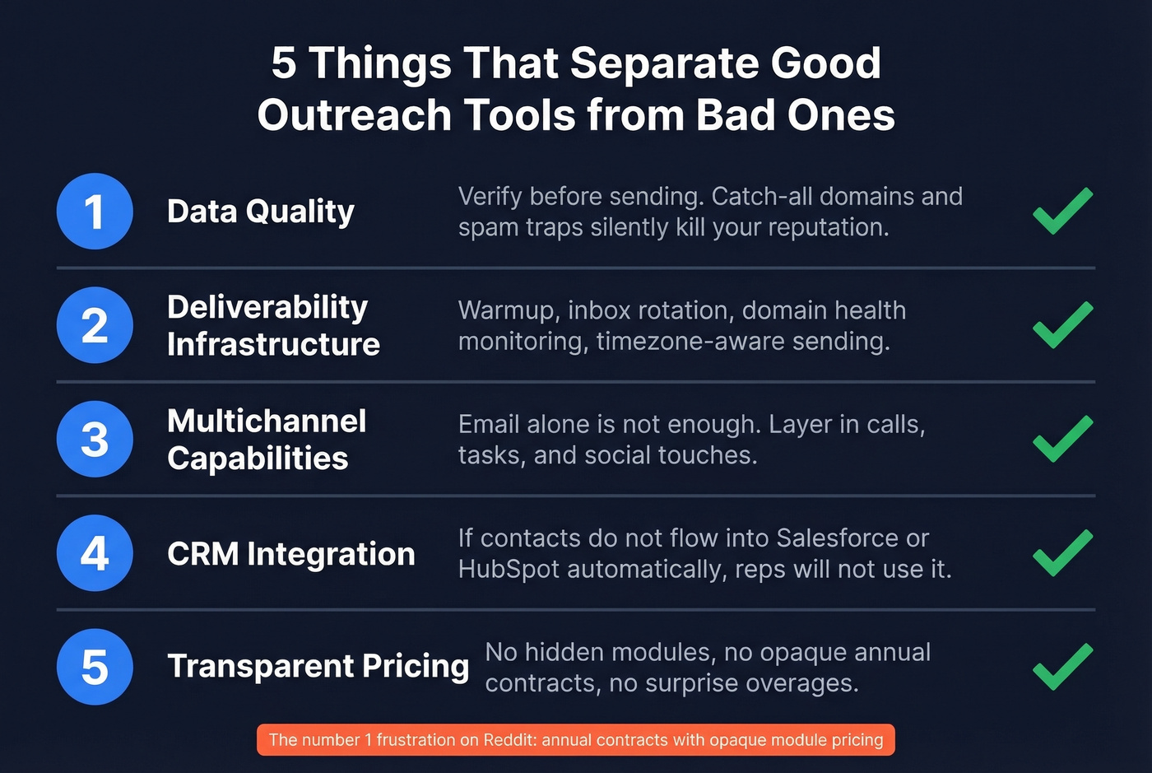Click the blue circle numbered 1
pyautogui.click(x=95, y=212)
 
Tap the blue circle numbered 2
pyautogui.click(x=95, y=325)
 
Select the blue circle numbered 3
pyautogui.click(x=95, y=439)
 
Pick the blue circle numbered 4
pyautogui.click(x=95, y=552)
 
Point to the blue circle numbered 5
pyautogui.click(x=95, y=667)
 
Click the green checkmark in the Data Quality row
pyautogui.click(x=1062, y=211)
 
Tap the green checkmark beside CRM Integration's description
pyautogui.click(x=1062, y=552)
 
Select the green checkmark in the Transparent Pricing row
pyautogui.click(x=1062, y=666)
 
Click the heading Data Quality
pyautogui.click(x=260, y=212)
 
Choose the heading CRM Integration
pyautogui.click(x=290, y=554)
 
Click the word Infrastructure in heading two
pyautogui.click(x=273, y=344)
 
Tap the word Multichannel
pyautogui.click(x=267, y=421)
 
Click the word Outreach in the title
pyautogui.click(x=354, y=114)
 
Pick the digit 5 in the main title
pyautogui.click(x=284, y=63)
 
